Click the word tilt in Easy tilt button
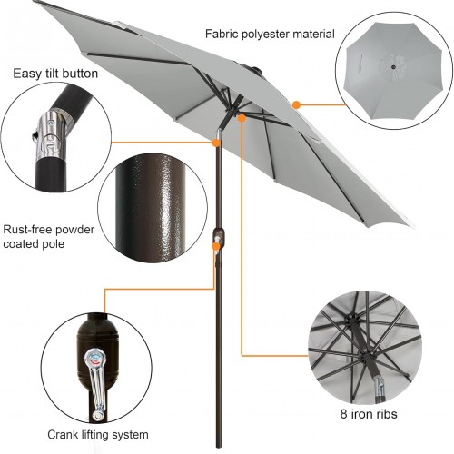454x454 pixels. (x=48, y=74)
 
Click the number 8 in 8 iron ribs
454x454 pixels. (x=343, y=414)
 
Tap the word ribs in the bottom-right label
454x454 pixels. (x=386, y=414)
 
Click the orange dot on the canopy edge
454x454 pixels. (x=296, y=105)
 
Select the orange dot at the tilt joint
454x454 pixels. (x=216, y=143)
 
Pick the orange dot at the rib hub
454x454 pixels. (x=242, y=118)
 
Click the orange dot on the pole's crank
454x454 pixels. (x=216, y=246)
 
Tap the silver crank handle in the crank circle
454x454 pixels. (x=95, y=384)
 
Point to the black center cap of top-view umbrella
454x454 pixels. (x=393, y=67)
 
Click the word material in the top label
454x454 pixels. (x=313, y=34)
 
